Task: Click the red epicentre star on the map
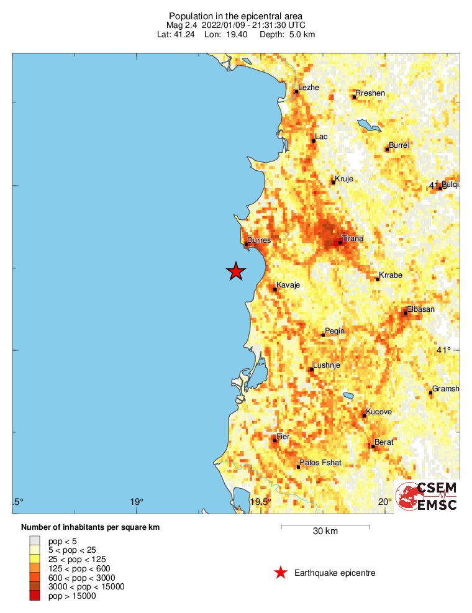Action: point(236,271)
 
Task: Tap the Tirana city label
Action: point(353,238)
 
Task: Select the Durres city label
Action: point(259,240)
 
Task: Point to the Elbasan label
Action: point(420,309)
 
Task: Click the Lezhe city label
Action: point(309,88)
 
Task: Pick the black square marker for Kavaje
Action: point(275,289)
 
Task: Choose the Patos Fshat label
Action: point(320,462)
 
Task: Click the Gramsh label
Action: point(445,389)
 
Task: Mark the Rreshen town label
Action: point(370,93)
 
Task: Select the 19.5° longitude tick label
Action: point(261,502)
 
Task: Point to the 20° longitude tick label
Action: point(384,502)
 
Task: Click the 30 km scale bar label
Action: point(325,531)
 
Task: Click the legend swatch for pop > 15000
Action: point(35,596)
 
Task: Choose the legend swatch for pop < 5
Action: point(35,540)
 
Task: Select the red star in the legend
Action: point(281,573)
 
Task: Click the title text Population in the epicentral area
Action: point(236,16)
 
